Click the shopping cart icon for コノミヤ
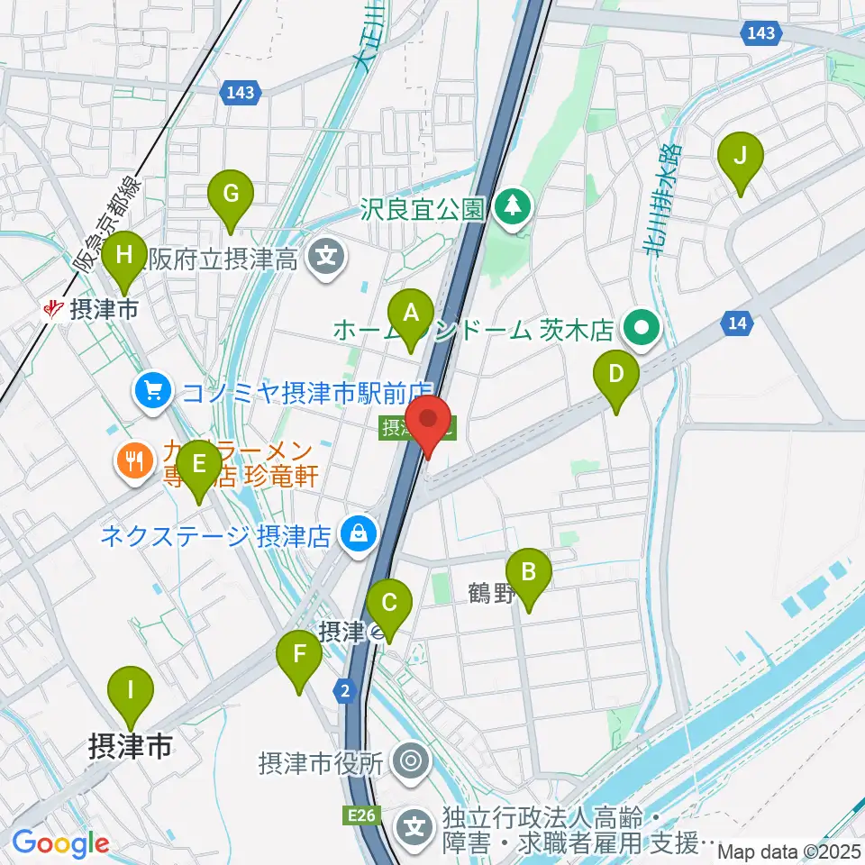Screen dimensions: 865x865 point(152,391)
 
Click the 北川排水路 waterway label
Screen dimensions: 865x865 point(666,199)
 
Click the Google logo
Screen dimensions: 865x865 point(60,843)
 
